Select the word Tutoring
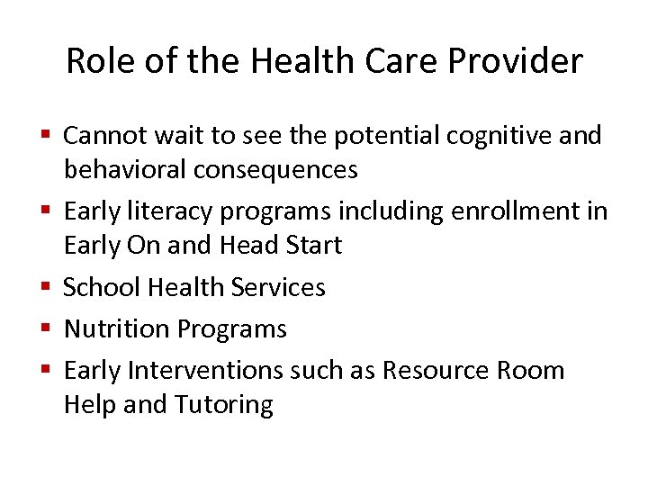pyautogui.click(x=223, y=404)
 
